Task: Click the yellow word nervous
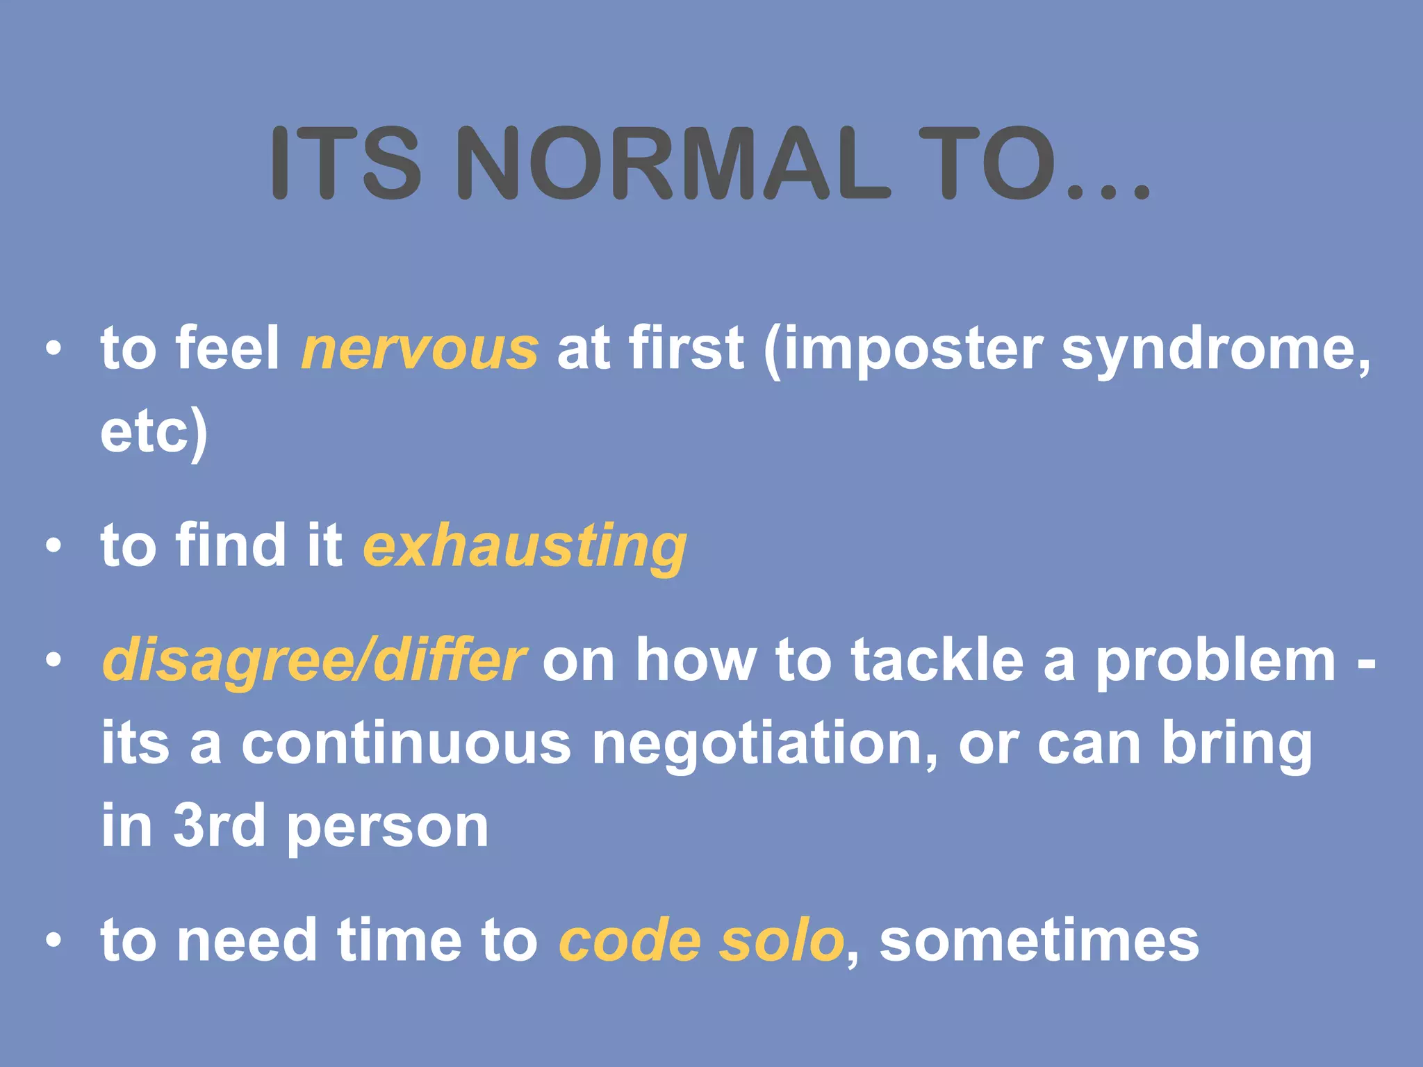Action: pyautogui.click(x=420, y=348)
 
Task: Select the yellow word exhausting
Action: pyautogui.click(x=525, y=547)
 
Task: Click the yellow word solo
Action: pyautogui.click(x=782, y=941)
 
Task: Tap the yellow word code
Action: pyautogui.click(x=630, y=941)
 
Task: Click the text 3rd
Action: pyautogui.click(x=219, y=826)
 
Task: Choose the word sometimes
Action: pyautogui.click(x=1039, y=941)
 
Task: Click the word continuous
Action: pyautogui.click(x=406, y=743)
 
